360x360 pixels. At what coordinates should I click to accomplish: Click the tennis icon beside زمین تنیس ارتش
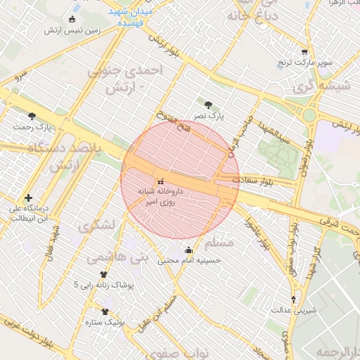73,18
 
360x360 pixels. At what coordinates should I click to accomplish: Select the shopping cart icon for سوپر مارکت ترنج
304,51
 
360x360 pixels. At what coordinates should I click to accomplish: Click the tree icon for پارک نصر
207,105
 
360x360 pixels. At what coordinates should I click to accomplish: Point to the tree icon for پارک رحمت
32,116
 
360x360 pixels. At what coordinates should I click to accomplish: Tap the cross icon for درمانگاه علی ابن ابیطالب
28,198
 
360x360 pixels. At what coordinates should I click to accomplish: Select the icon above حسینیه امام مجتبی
188,250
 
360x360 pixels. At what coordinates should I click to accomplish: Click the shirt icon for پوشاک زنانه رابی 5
104,274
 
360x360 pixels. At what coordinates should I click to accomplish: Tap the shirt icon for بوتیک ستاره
105,311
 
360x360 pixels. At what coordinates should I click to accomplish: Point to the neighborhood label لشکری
97,226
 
